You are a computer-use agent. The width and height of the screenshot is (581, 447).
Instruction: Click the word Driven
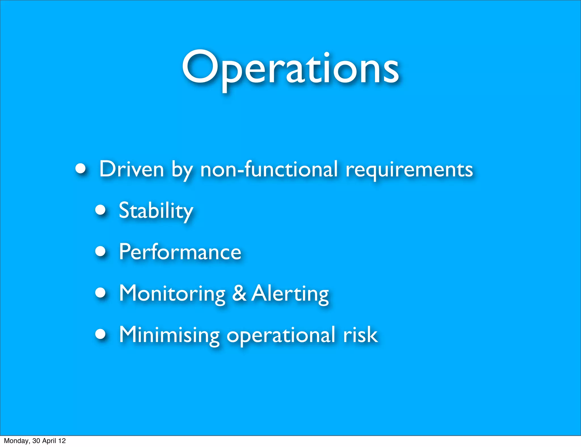(132, 169)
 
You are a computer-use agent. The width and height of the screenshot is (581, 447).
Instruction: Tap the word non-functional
(269, 169)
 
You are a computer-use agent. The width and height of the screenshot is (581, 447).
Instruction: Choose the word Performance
(180, 252)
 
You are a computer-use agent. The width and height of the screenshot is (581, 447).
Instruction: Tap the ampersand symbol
(239, 293)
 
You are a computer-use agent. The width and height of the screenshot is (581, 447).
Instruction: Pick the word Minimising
(169, 335)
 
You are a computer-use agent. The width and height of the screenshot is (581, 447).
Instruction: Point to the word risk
(360, 335)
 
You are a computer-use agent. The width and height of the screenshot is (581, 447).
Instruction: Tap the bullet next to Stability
(100, 210)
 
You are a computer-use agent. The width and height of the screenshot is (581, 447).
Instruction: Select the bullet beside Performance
(100, 251)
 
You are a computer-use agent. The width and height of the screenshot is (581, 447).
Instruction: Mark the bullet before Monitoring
(100, 293)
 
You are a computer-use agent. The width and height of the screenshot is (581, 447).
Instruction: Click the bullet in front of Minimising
(100, 334)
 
